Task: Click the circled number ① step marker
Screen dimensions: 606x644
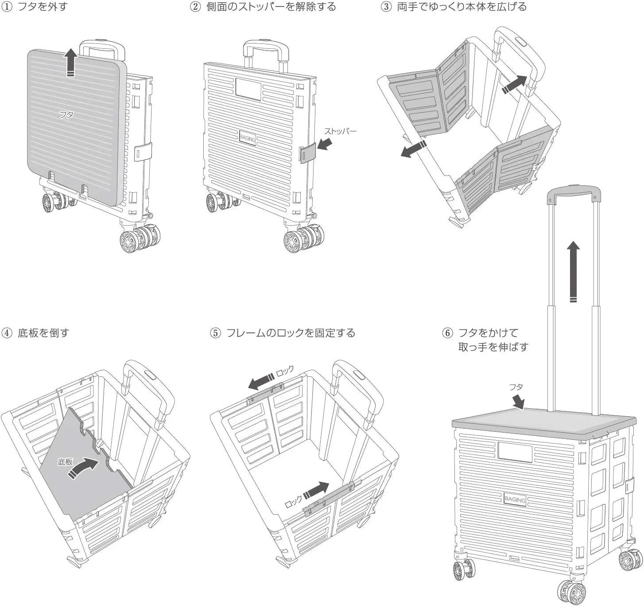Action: coord(7,7)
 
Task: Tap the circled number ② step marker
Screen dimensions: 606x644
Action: coord(195,7)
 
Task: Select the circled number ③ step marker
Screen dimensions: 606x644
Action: coord(386,7)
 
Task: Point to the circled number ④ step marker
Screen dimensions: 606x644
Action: coord(7,333)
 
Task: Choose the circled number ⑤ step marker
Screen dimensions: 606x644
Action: coord(215,333)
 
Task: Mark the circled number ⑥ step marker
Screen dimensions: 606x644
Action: coord(448,333)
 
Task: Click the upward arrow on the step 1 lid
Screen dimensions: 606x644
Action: coord(70,63)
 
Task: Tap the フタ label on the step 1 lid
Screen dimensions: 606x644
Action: coord(66,115)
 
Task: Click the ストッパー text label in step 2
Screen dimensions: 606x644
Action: coord(340,131)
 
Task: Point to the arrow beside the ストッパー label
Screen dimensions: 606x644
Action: coord(325,144)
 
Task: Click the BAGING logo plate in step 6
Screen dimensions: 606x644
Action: coord(515,500)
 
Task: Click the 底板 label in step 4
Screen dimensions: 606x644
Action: coord(65,462)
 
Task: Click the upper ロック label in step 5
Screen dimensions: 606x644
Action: coord(285,371)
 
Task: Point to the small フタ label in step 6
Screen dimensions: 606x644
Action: coord(516,387)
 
